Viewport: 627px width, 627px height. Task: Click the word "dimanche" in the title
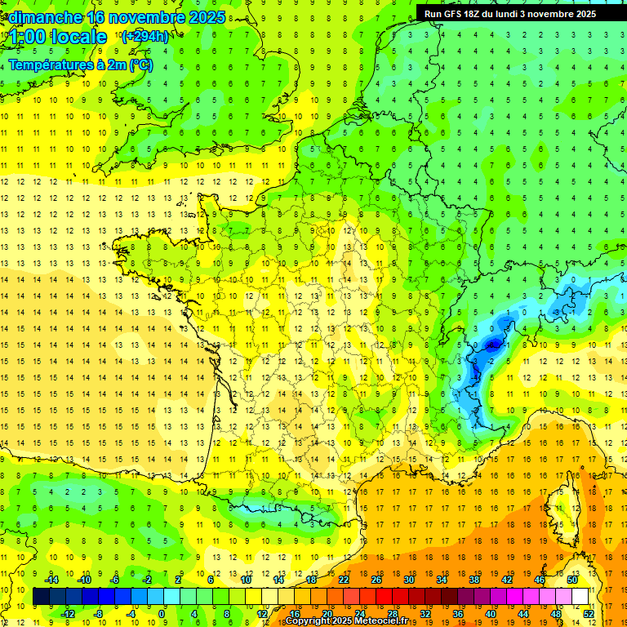45,17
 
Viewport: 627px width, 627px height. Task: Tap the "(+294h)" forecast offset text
145,36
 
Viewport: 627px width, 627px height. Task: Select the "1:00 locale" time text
57,37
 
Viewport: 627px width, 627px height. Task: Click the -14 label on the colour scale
52,580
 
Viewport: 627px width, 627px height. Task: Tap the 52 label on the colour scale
589,613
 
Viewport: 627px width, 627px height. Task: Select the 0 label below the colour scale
162,613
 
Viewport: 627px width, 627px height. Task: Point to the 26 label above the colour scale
376,580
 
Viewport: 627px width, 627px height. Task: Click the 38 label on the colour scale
474,580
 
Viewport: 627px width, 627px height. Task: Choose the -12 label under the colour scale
69,613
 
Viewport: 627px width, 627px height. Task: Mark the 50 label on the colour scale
572,580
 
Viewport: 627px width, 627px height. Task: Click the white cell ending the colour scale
580,596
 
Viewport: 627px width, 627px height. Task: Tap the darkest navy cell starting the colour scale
41,596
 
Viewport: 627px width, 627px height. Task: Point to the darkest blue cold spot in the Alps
492,345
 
